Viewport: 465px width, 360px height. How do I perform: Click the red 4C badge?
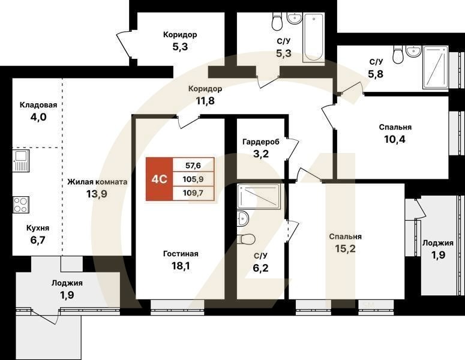click(159, 179)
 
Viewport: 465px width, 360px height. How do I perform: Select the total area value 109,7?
click(193, 193)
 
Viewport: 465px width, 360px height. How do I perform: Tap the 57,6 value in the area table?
click(193, 164)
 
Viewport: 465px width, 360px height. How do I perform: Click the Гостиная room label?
click(180, 254)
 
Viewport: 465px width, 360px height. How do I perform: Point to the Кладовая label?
click(38, 105)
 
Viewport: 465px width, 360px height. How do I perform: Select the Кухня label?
click(37, 228)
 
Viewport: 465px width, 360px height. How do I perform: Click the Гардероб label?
click(261, 142)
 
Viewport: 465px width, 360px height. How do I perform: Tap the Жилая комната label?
click(97, 182)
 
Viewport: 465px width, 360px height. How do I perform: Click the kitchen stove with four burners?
click(21, 205)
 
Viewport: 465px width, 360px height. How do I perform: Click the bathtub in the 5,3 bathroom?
click(314, 37)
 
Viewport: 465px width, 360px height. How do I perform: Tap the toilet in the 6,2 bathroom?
click(246, 239)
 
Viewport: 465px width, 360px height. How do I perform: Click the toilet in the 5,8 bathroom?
click(398, 56)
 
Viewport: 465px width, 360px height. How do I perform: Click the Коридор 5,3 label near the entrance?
click(180, 41)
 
